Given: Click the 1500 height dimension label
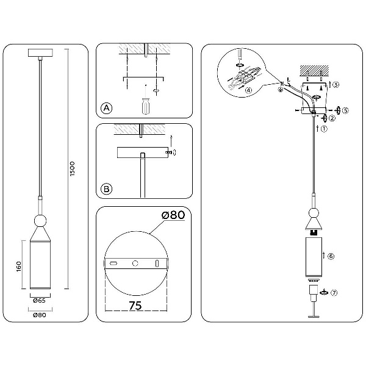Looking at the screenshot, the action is (73, 168).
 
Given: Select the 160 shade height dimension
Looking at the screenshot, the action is (19, 267).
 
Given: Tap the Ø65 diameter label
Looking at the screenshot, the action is (39, 300).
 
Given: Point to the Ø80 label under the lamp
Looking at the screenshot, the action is (40, 315).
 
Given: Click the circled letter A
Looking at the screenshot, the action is (106, 108).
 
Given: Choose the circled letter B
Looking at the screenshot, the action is (106, 188).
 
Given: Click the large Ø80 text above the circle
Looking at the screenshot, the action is (173, 215).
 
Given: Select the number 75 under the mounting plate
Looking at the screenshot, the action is (135, 306).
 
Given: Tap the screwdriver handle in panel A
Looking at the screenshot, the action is (146, 106).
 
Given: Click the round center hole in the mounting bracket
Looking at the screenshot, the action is (135, 264).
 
